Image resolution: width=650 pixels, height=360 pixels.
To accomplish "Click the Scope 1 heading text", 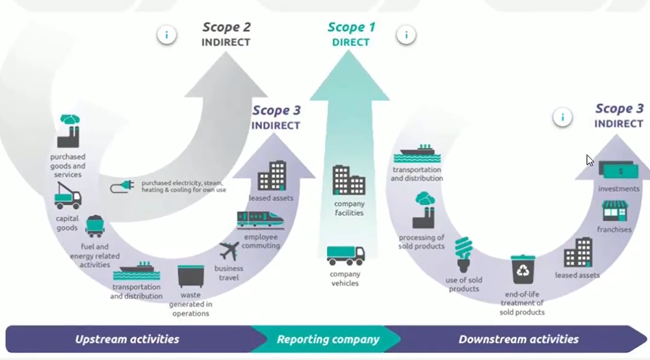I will pyautogui.click(x=351, y=27).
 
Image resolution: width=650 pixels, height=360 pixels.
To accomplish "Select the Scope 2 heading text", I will pyautogui.click(x=226, y=27).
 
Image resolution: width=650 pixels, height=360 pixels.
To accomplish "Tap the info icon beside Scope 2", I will pyautogui.click(x=167, y=35).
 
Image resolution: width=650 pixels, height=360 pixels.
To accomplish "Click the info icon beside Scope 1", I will pyautogui.click(x=406, y=34).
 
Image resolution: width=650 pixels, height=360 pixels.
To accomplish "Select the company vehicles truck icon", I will pyautogui.click(x=345, y=255).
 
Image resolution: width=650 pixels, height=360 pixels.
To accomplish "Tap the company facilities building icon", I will pyautogui.click(x=349, y=180).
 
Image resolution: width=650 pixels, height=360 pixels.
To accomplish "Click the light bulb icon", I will pyautogui.click(x=463, y=254).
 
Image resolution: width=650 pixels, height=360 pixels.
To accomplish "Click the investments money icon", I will pyautogui.click(x=618, y=171).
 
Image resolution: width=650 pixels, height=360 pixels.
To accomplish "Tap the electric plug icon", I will pyautogui.click(x=123, y=187).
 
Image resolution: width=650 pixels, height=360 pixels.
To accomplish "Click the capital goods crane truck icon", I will pyautogui.click(x=68, y=196).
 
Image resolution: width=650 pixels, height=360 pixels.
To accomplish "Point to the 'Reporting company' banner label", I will pyautogui.click(x=328, y=339).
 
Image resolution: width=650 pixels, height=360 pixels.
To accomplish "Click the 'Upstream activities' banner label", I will pyautogui.click(x=127, y=339).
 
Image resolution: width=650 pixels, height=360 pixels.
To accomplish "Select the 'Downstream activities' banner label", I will pyautogui.click(x=518, y=339).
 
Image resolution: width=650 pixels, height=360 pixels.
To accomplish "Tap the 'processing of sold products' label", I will pyautogui.click(x=421, y=242).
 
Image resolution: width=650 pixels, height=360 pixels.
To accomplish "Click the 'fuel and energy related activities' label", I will pyautogui.click(x=95, y=255).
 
